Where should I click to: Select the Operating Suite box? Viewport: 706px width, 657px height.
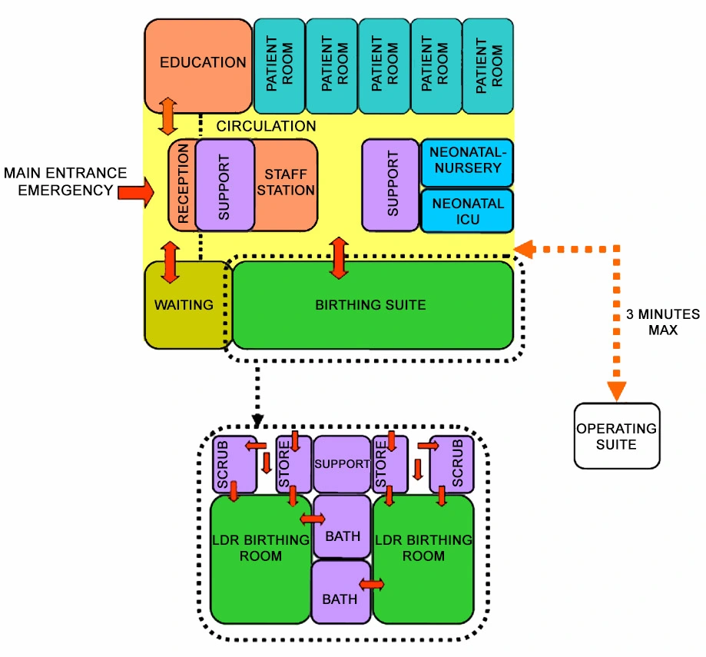click(x=617, y=435)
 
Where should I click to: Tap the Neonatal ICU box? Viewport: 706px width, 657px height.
click(x=467, y=211)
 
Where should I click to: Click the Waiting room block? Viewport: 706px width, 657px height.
click(x=184, y=305)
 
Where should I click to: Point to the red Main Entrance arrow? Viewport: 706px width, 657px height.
click(x=136, y=191)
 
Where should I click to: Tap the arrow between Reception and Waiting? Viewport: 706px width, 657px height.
click(x=169, y=262)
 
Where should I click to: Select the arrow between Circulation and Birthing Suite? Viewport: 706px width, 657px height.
click(x=338, y=257)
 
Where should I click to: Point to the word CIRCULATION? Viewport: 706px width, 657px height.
click(x=266, y=126)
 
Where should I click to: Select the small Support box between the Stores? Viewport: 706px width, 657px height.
click(x=342, y=465)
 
